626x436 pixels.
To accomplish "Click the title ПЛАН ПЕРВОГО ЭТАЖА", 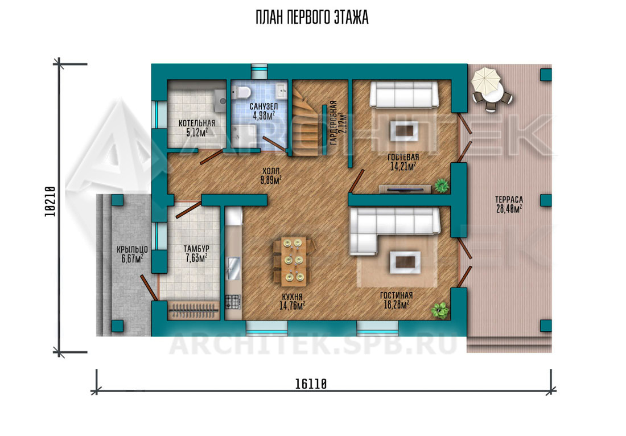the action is click(312, 18).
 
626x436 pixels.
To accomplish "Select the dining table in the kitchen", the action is click(293, 261).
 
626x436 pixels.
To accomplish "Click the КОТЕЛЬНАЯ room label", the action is click(197, 124).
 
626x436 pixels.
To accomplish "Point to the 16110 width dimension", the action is click(311, 384).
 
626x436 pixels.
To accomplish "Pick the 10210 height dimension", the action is click(50, 201).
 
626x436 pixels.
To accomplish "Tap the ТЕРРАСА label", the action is click(509, 199).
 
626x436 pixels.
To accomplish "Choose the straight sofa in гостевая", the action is click(404, 94).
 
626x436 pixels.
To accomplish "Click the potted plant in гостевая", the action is click(442, 186).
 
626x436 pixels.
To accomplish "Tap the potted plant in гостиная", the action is click(439, 310).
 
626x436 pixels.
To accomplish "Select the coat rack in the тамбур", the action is click(193, 310).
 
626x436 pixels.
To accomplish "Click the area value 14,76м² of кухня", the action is click(293, 306).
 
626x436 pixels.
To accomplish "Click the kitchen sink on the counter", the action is click(233, 268).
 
